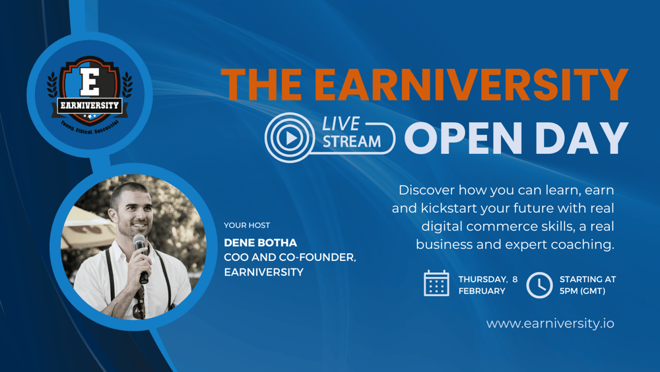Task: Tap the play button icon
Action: pyautogui.click(x=290, y=137)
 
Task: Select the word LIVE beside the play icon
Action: pyautogui.click(x=341, y=124)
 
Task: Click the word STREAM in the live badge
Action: pyautogui.click(x=352, y=141)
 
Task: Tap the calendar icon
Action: pyautogui.click(x=436, y=283)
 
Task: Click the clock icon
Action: pyautogui.click(x=539, y=285)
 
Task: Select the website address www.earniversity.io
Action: pyautogui.click(x=550, y=324)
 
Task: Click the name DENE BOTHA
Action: pyautogui.click(x=261, y=242)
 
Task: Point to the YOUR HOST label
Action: pyautogui.click(x=247, y=225)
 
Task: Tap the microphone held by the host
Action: pyautogui.click(x=141, y=258)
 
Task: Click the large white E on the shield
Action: pyautogui.click(x=90, y=82)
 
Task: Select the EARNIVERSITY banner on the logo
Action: pyautogui.click(x=90, y=105)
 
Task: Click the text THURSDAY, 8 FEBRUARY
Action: pyautogui.click(x=488, y=285)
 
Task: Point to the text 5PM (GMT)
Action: pyautogui.click(x=582, y=291)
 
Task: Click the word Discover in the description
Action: pyautogui.click(x=426, y=190)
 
